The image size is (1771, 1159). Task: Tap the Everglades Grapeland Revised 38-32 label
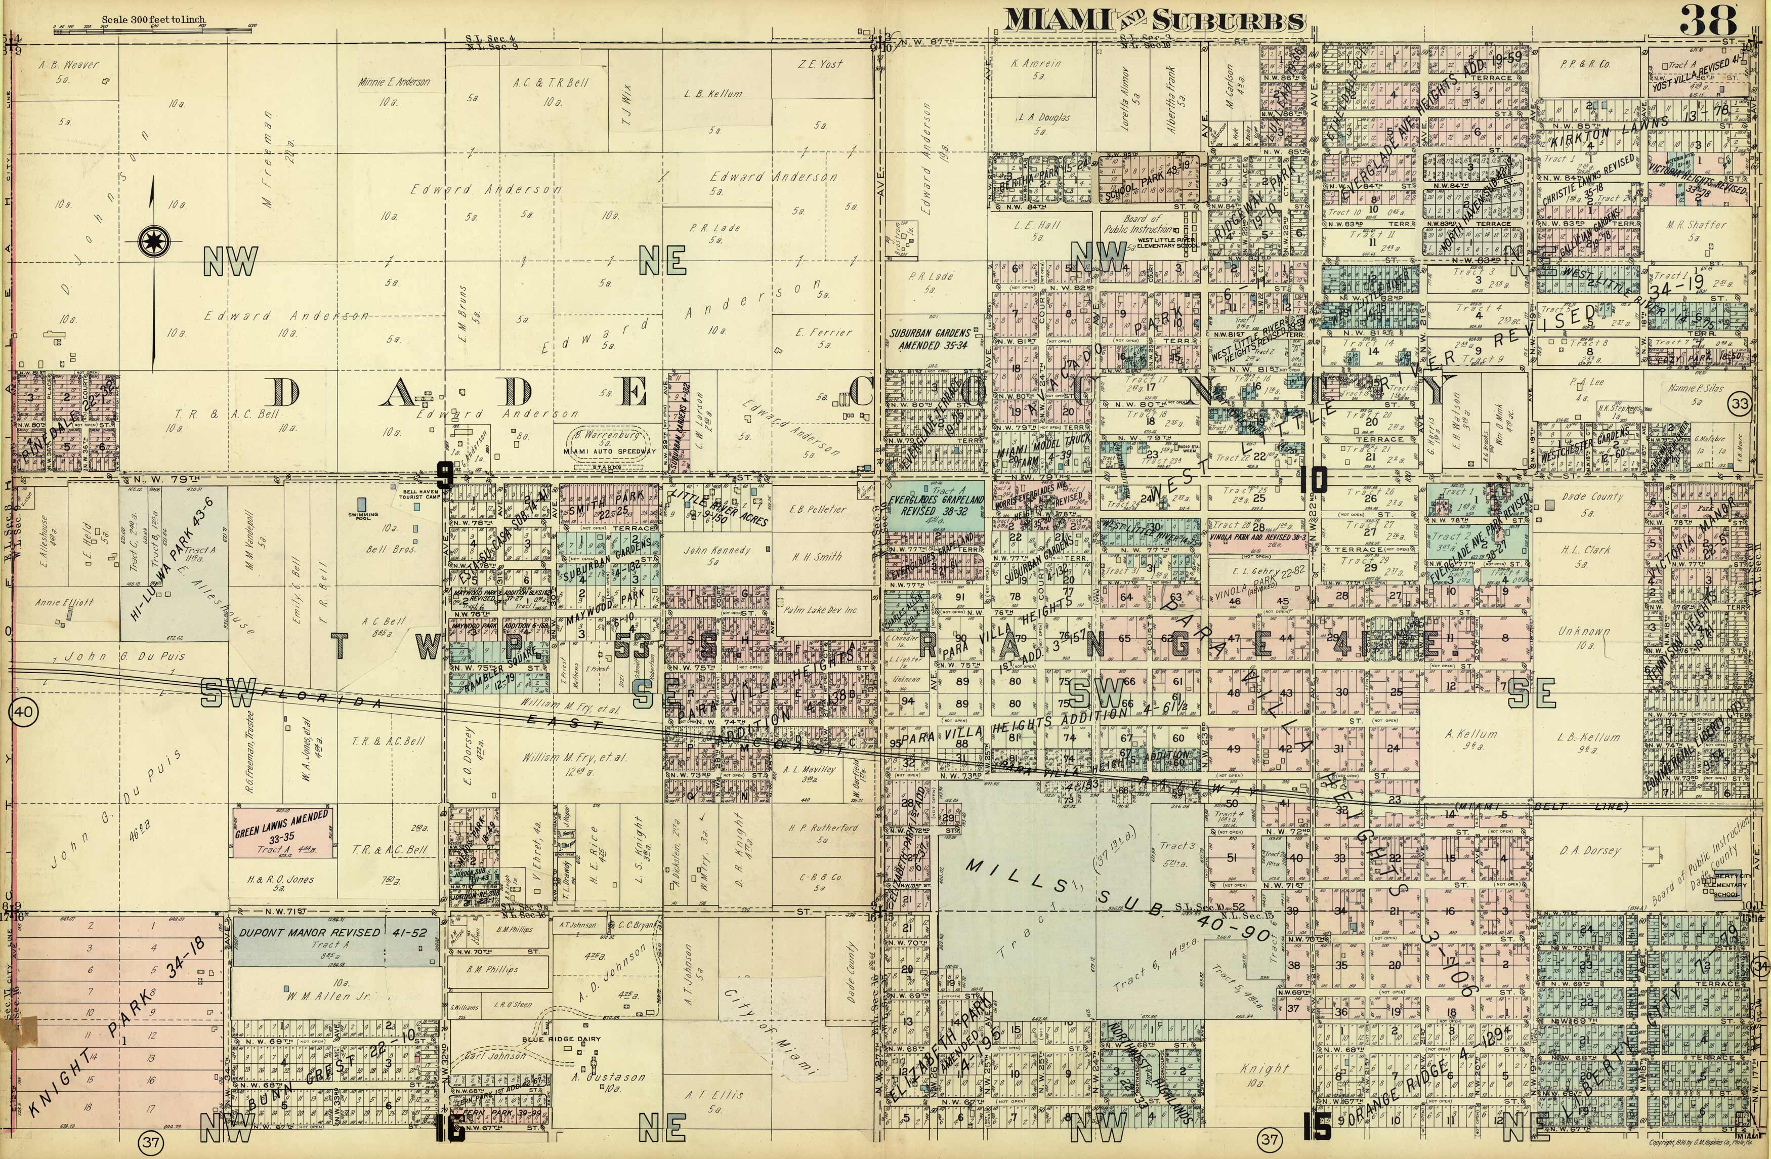936,506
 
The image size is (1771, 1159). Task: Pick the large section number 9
444,475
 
